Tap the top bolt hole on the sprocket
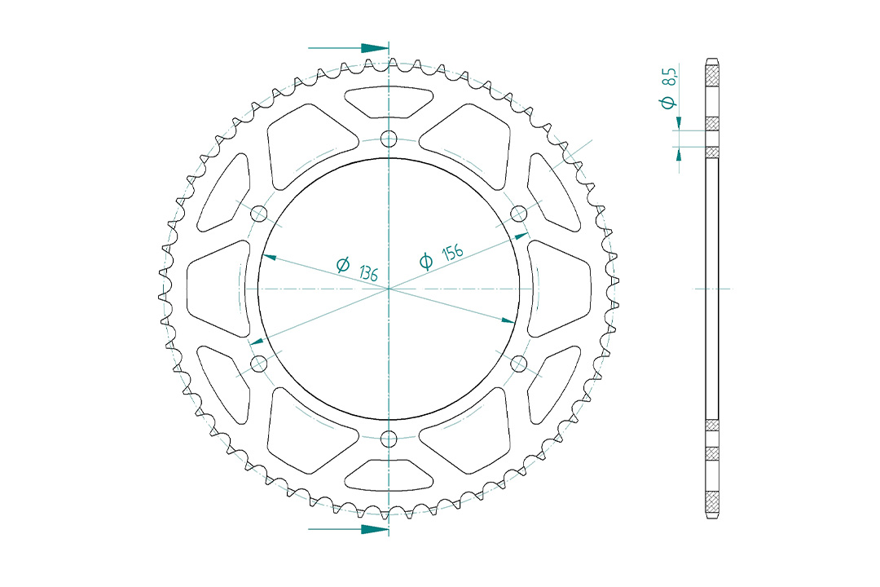(x=389, y=138)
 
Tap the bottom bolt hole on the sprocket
(x=389, y=439)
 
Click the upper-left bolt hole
(x=259, y=214)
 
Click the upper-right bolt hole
(x=519, y=214)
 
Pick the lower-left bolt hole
(x=259, y=364)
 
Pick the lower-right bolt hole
(x=519, y=364)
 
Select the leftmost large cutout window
(x=215, y=288)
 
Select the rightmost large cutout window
(x=562, y=288)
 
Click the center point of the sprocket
(x=389, y=289)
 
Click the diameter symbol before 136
(x=343, y=265)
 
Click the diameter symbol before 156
(x=425, y=261)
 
